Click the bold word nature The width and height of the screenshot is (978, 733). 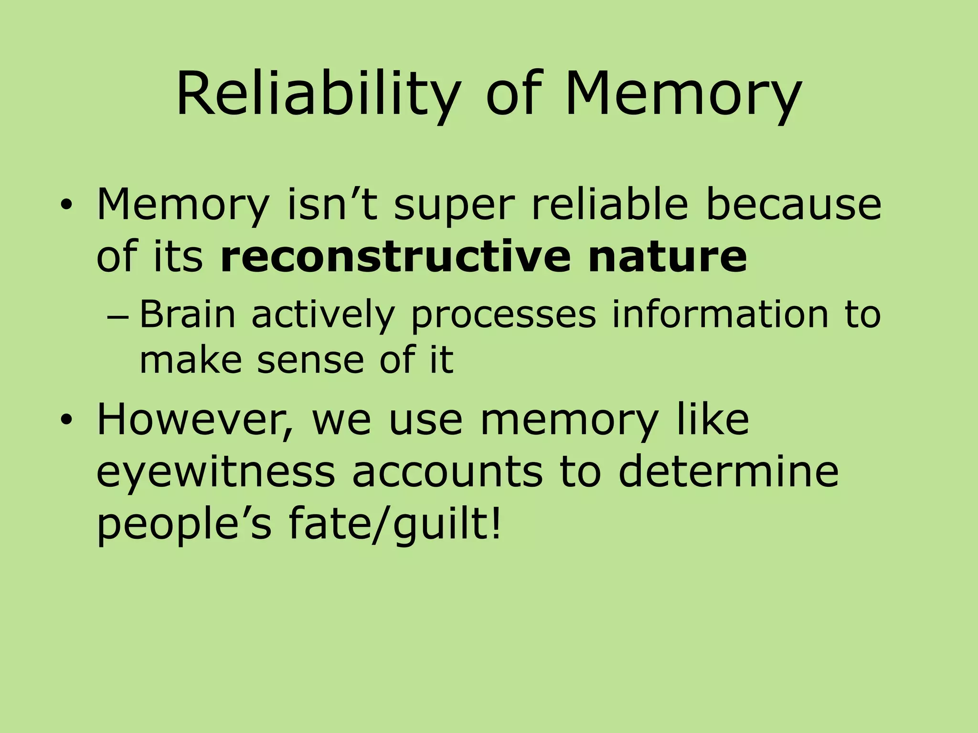[667, 257]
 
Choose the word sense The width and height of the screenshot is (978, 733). [310, 360]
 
